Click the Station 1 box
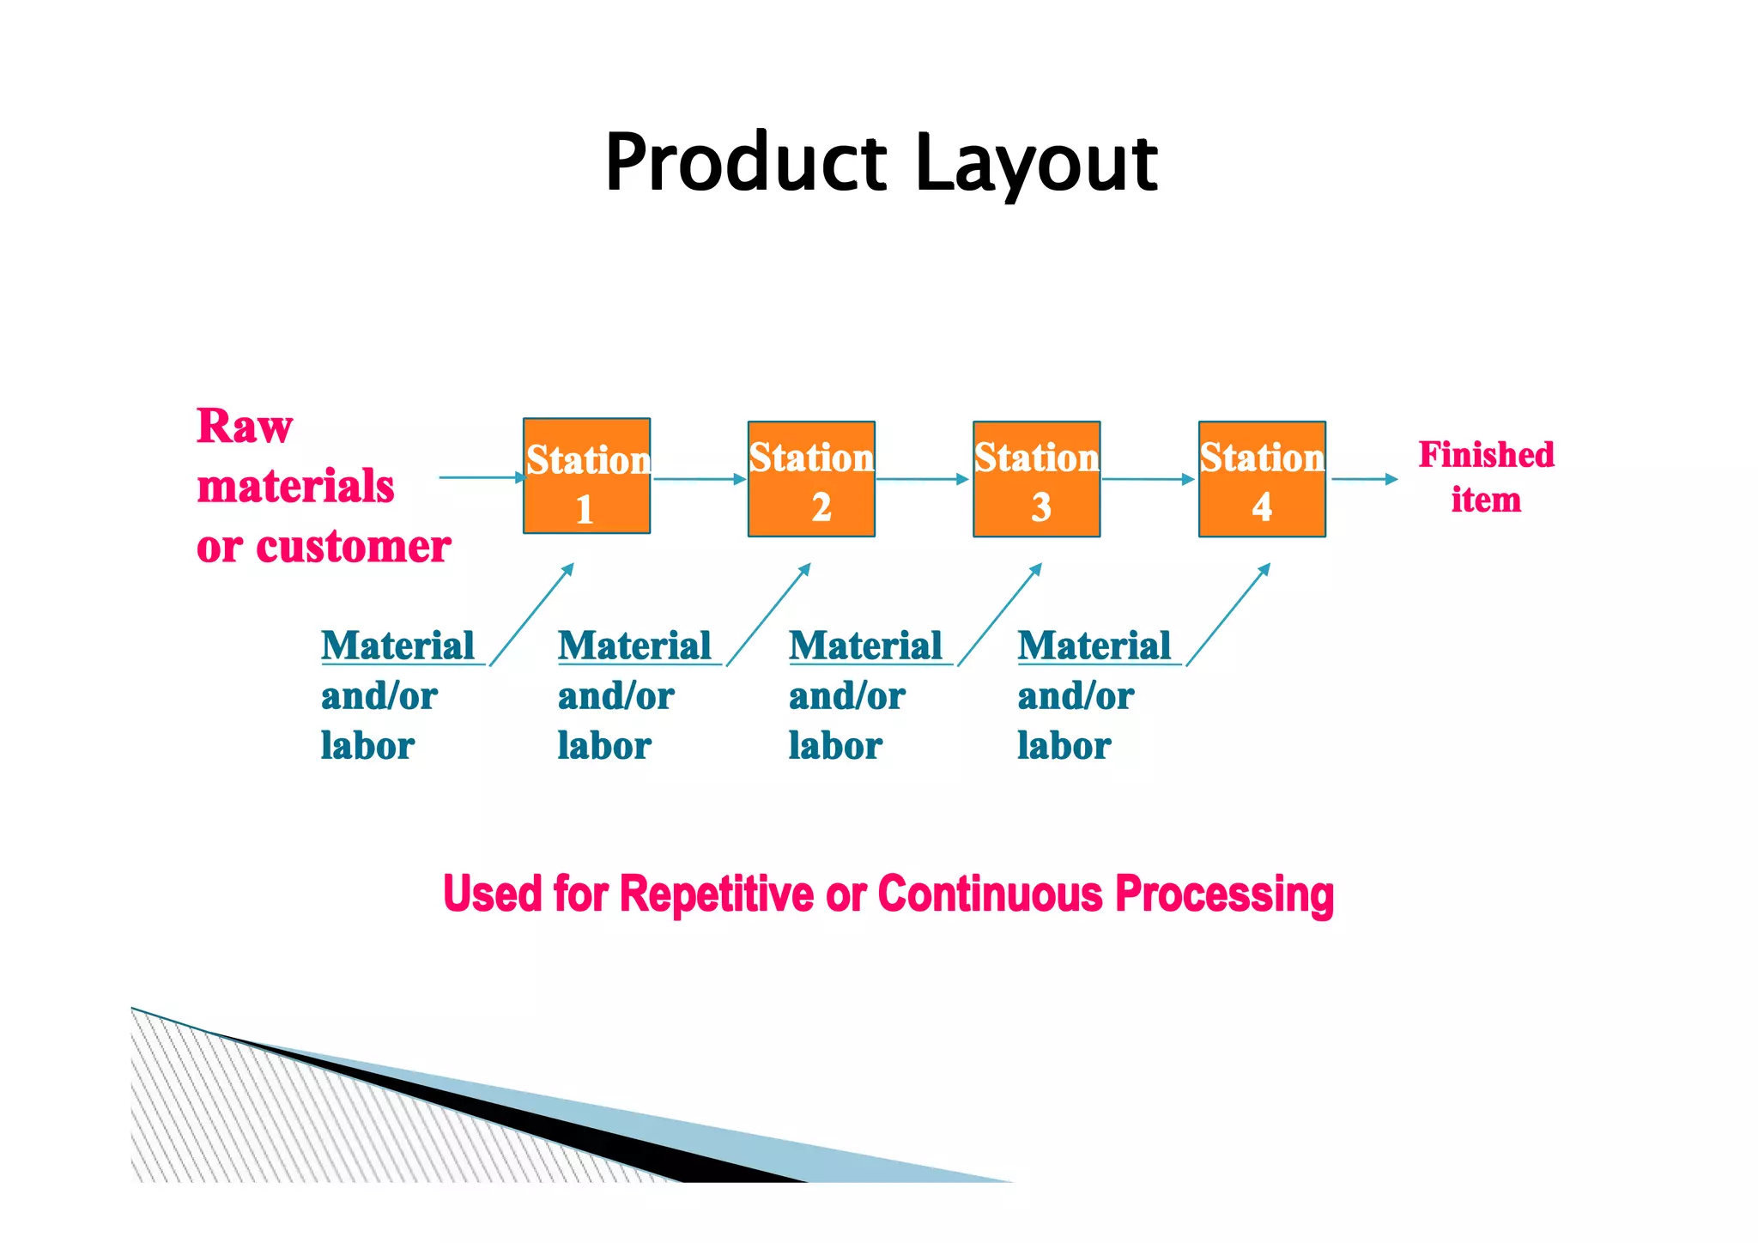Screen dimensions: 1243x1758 click(586, 476)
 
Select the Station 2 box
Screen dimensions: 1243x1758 click(811, 479)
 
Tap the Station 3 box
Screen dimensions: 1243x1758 click(1036, 479)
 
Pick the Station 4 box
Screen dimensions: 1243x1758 click(1262, 479)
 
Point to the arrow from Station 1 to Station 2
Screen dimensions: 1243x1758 click(699, 479)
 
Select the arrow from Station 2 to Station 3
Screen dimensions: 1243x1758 click(923, 479)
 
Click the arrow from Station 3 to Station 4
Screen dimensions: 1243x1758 click(1149, 479)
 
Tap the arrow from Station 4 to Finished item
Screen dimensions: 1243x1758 click(1365, 479)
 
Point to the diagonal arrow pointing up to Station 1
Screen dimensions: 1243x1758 click(531, 614)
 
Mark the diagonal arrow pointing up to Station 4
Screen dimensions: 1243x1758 click(1228, 614)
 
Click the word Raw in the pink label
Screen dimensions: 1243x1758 click(245, 427)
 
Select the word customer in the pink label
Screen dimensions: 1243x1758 click(354, 547)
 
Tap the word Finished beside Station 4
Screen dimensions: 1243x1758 click(1486, 455)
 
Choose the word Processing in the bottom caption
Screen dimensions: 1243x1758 click(1225, 895)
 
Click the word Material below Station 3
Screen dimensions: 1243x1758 click(865, 646)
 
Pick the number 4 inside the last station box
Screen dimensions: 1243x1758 click(1262, 507)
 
